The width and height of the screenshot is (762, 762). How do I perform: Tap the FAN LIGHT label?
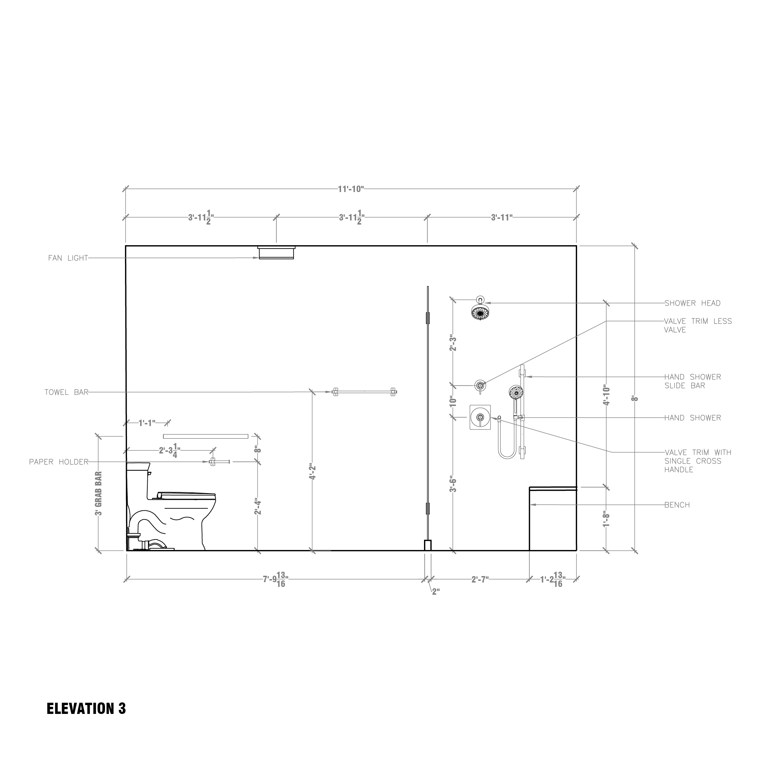click(68, 258)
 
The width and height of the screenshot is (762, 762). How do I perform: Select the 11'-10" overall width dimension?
click(351, 189)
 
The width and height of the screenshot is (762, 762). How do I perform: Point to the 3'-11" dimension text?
click(502, 217)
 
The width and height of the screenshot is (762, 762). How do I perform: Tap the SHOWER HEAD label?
click(692, 303)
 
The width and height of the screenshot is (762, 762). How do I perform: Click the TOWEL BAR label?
click(66, 393)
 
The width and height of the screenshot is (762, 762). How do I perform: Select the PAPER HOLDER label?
click(58, 462)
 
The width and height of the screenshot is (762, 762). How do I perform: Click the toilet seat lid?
click(187, 494)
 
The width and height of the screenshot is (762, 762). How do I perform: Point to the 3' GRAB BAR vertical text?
click(99, 493)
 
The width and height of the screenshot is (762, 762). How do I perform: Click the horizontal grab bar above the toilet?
click(206, 436)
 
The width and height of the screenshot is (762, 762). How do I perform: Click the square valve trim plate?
click(480, 417)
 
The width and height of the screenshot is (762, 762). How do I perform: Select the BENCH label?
click(677, 505)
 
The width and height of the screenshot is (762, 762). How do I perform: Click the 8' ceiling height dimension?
click(635, 398)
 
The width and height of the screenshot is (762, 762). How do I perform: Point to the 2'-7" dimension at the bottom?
click(480, 579)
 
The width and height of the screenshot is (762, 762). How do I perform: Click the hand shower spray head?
click(516, 392)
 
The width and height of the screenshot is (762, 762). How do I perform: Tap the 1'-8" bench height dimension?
click(606, 519)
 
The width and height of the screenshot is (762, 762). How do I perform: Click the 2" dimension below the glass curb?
click(436, 592)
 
